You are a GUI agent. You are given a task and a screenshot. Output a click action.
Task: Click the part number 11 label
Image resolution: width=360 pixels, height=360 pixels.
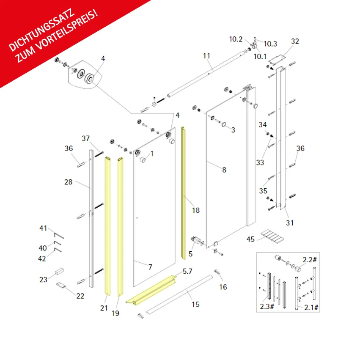[206, 56]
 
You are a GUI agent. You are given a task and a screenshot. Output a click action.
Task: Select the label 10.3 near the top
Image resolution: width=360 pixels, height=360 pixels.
[270, 44]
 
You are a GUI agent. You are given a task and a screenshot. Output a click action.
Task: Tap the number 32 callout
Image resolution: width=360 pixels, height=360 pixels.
[295, 41]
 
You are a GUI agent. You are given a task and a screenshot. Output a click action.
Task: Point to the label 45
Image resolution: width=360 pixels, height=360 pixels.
[250, 239]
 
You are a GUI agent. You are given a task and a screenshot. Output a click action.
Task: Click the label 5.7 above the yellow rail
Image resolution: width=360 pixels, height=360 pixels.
[187, 272]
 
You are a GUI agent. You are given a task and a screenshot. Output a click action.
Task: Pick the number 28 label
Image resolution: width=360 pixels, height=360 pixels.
[68, 182]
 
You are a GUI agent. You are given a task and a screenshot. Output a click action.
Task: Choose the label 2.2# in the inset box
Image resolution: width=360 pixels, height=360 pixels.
[310, 260]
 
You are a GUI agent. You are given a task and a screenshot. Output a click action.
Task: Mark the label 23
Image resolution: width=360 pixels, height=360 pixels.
[43, 280]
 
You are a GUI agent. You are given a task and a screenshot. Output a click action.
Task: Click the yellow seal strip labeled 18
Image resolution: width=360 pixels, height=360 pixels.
[183, 193]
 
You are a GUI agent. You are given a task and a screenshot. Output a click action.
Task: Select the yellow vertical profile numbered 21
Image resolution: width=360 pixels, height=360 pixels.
[108, 226]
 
